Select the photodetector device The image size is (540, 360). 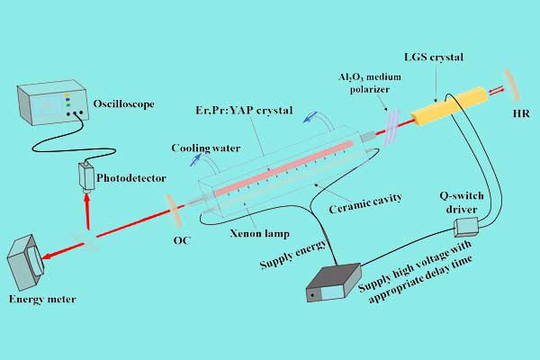tap(88, 174)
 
